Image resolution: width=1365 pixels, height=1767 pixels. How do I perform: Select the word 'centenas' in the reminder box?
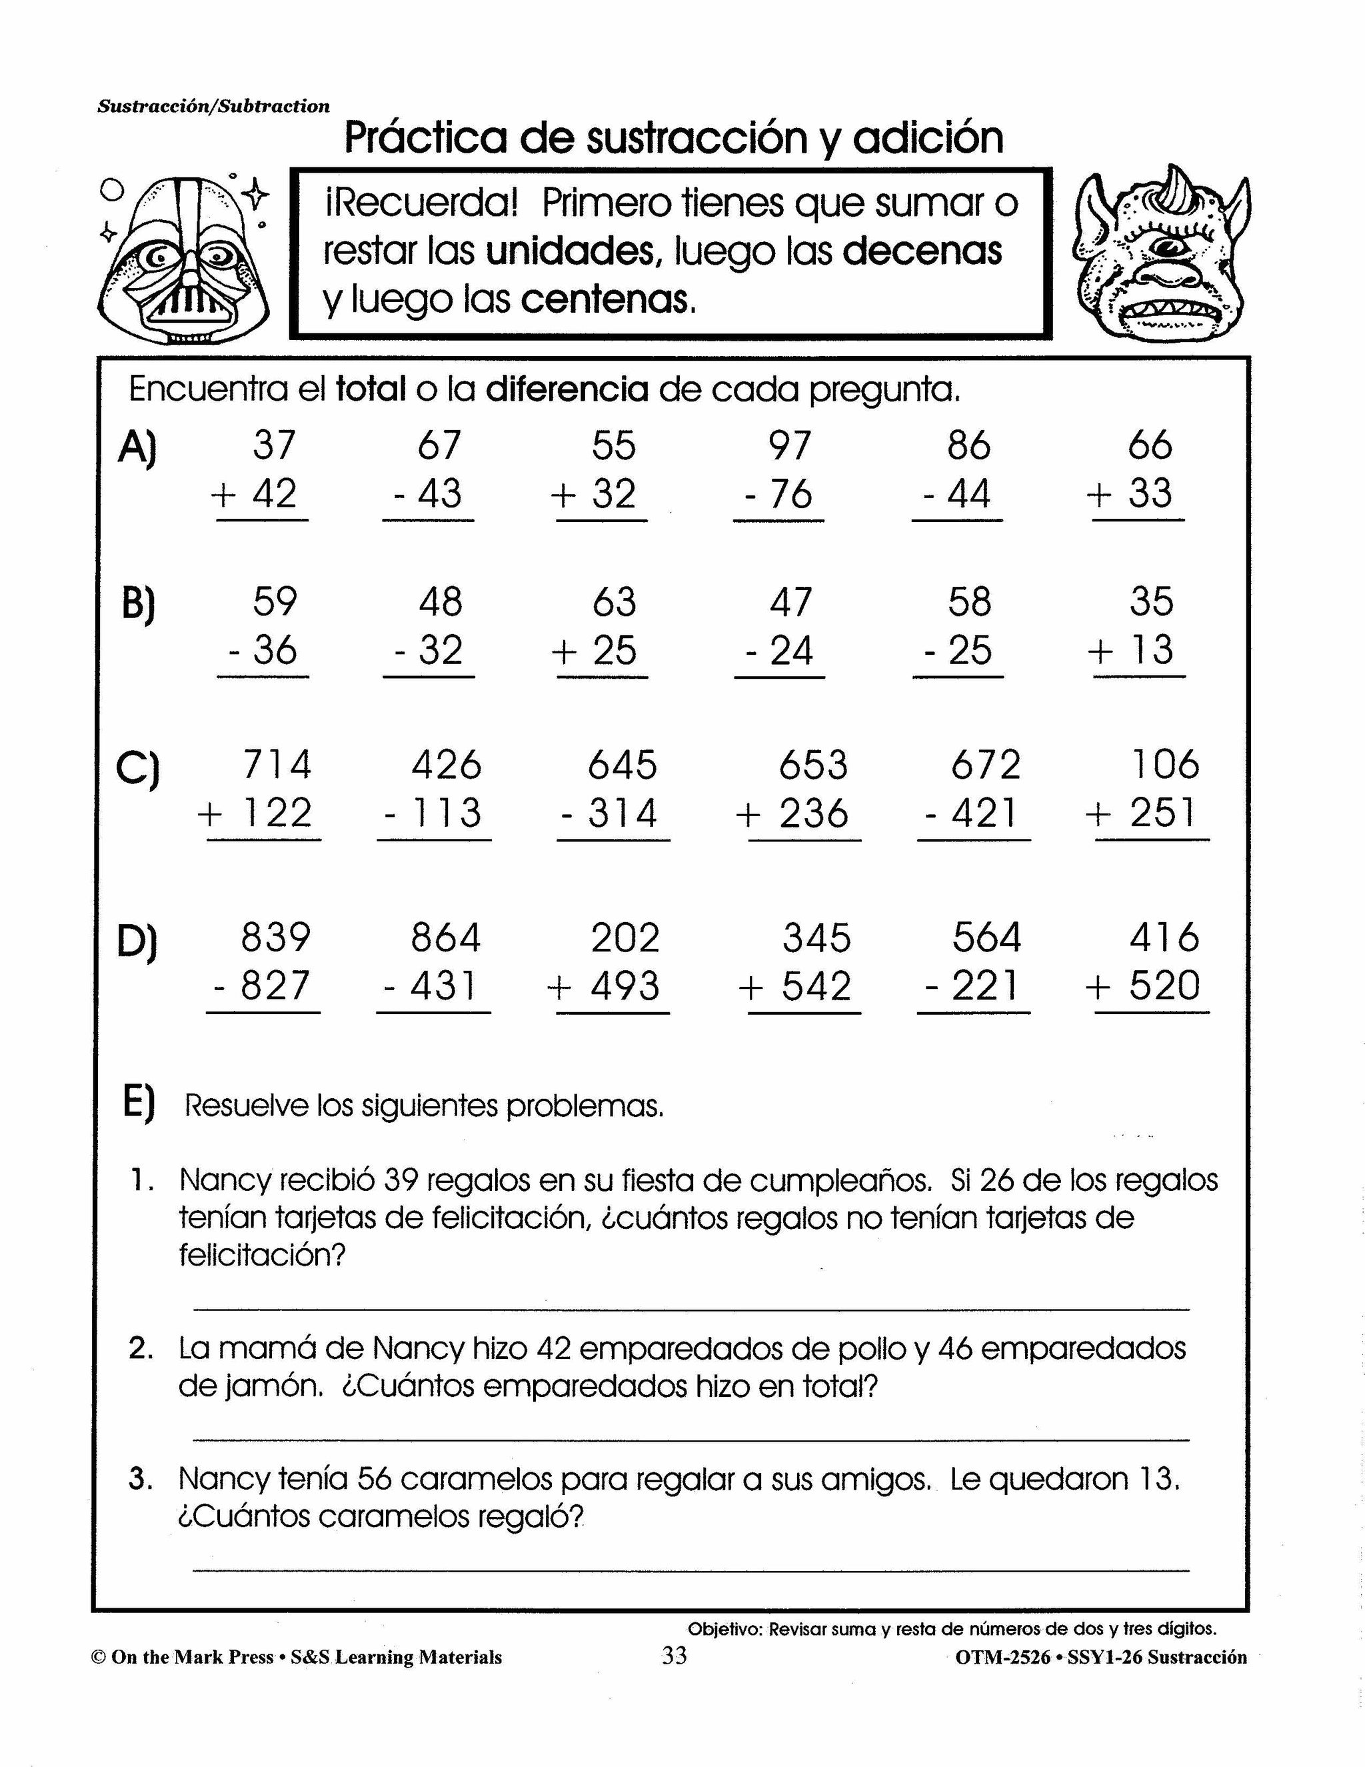click(607, 300)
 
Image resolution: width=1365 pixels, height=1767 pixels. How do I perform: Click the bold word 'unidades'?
click(569, 251)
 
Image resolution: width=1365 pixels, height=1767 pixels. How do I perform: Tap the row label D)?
click(137, 940)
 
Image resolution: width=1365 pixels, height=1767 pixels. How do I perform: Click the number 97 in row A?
click(789, 445)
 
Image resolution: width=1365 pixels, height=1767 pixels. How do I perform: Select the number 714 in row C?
click(277, 765)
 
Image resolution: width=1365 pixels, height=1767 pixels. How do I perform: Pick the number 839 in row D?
click(275, 938)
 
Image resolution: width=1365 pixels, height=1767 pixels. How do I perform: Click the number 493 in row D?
click(625, 986)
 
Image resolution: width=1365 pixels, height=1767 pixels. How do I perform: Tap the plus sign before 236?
click(748, 815)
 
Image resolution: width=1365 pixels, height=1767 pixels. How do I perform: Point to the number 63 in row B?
click(614, 602)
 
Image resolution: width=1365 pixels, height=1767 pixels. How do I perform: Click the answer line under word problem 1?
click(691, 1308)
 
